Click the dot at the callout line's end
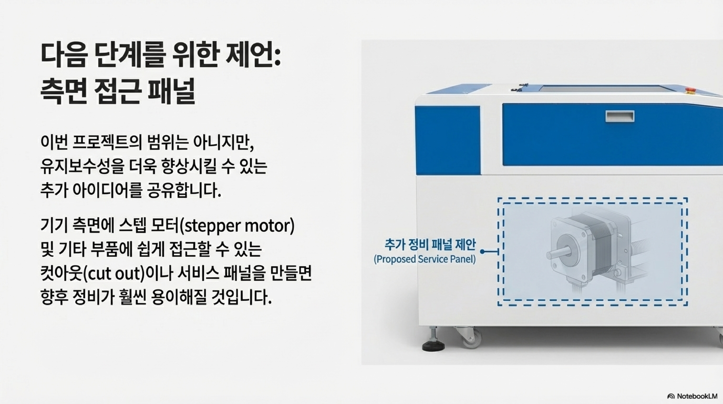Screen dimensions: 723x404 point(482,252)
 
